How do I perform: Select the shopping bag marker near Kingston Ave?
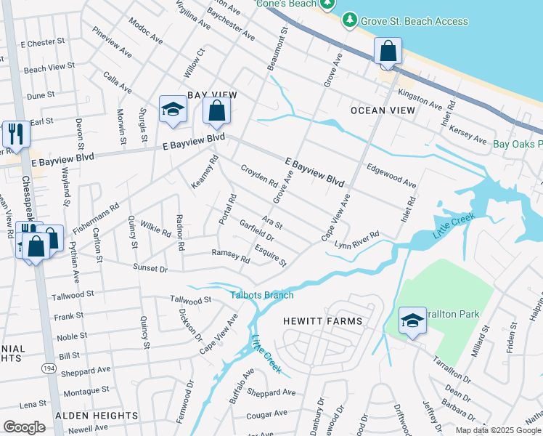pos(388,52)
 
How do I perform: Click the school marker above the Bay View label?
pos(173,110)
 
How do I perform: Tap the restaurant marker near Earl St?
pos(15,135)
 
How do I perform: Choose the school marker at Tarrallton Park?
pos(412,321)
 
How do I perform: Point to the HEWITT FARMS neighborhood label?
pos(323,320)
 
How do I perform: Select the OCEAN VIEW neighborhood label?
pos(383,110)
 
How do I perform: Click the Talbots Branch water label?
pos(262,295)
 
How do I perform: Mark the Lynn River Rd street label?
pos(357,240)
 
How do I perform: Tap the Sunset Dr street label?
pos(150,269)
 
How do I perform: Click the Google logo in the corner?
pos(24,427)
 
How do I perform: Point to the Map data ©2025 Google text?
pos(497,430)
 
